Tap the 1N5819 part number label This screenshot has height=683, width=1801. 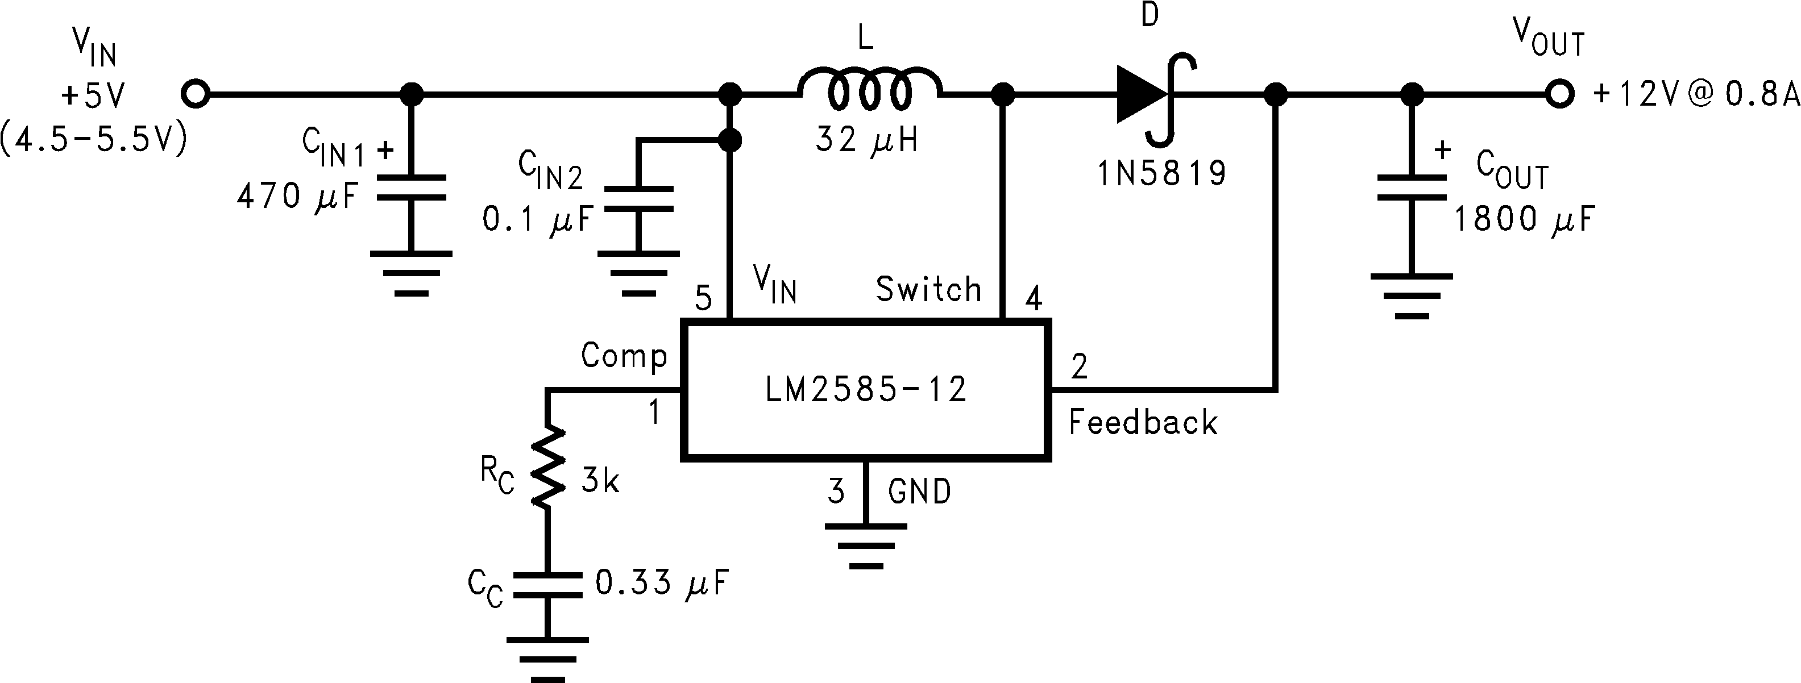click(x=1162, y=173)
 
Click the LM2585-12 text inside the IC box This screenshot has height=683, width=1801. click(x=866, y=389)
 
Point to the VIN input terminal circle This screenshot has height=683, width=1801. click(x=195, y=94)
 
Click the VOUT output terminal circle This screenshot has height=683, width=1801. click(x=1558, y=94)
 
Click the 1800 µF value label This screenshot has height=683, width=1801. click(x=1525, y=219)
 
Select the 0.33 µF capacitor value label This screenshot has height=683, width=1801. click(x=661, y=583)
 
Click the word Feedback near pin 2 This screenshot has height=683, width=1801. click(x=1143, y=423)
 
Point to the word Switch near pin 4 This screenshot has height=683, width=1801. click(x=928, y=289)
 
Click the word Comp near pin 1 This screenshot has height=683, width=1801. click(x=624, y=356)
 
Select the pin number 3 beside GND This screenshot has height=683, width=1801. click(x=836, y=492)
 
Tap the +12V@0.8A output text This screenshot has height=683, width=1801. click(x=1695, y=94)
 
